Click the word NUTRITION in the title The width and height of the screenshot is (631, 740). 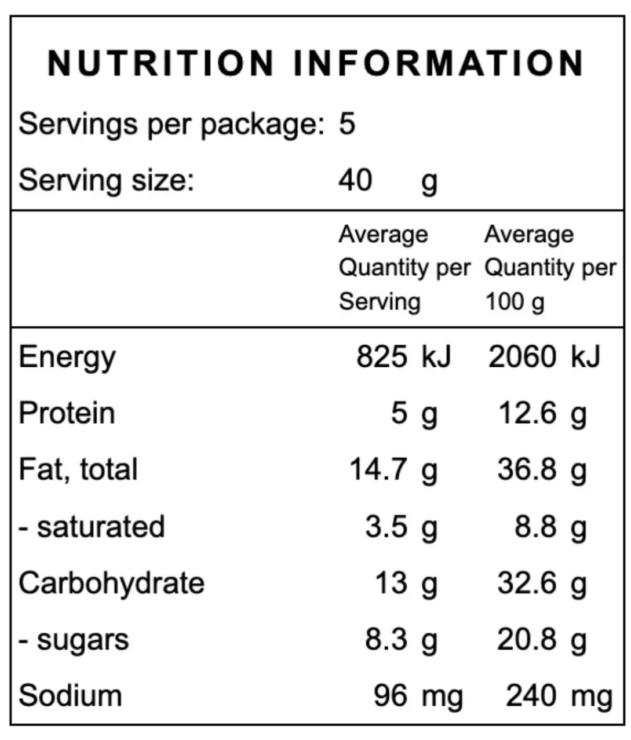coord(161,63)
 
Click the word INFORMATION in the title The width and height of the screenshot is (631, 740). coord(439,63)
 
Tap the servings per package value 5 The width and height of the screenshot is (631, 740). coord(347,123)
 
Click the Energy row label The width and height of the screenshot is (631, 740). coord(67,358)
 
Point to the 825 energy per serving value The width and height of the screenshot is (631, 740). coord(382,356)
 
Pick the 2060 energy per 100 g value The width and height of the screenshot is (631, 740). coord(522,356)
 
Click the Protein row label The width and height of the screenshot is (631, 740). coord(67,413)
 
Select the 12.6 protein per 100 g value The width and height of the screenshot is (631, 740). coord(527,413)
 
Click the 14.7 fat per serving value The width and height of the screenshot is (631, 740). coord(378,469)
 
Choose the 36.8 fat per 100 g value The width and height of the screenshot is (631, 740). coord(527,469)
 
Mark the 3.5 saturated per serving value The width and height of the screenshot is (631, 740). coord(386,526)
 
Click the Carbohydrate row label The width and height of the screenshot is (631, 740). coord(112,584)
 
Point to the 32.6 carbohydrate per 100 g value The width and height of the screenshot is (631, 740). coord(527,583)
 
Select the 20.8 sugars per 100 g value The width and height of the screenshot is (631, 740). coord(527,639)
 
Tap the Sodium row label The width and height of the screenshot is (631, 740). coord(71,695)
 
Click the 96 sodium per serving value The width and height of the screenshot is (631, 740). coord(391,695)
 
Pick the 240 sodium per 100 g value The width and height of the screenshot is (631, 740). coord(531,695)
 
